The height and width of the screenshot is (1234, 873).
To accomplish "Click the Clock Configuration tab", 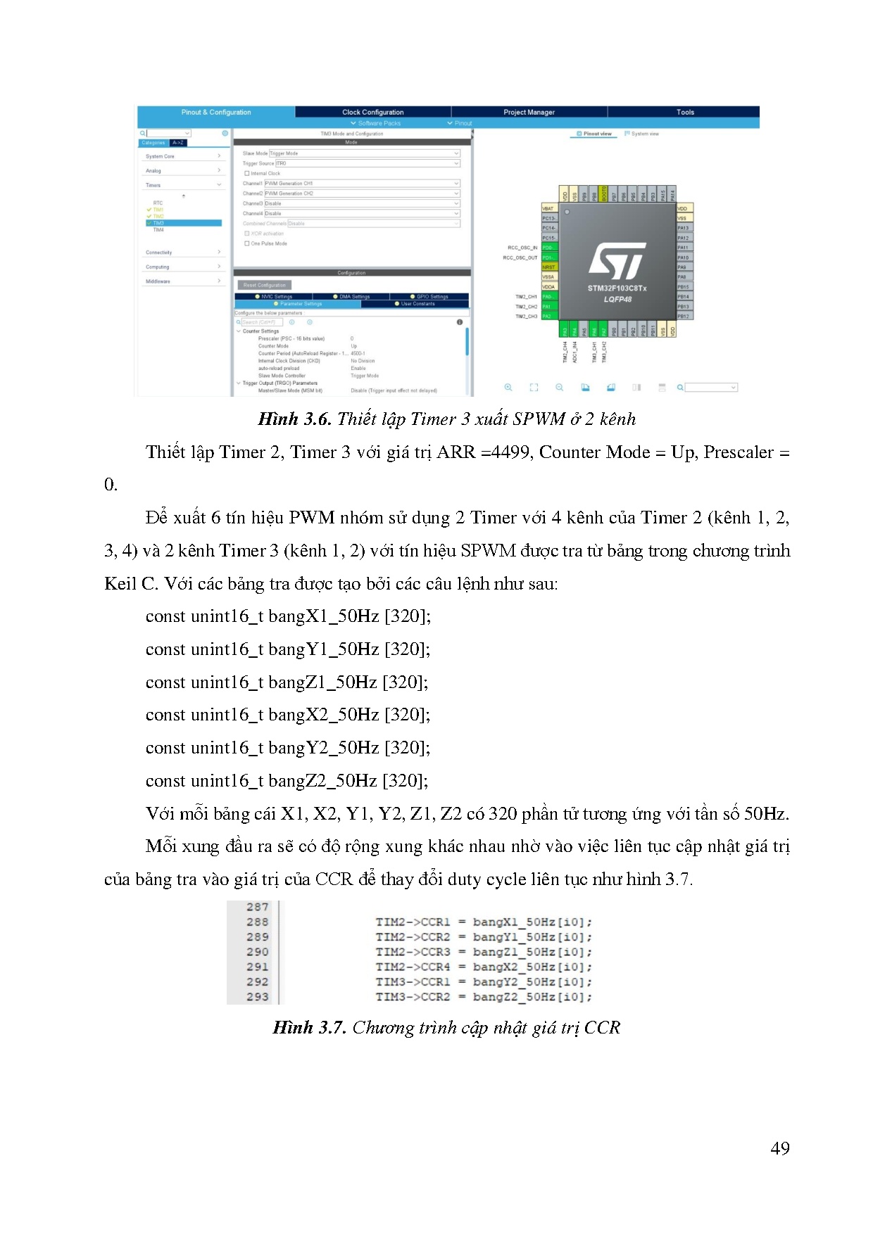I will point(372,112).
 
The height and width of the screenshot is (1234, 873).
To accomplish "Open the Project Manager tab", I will point(529,112).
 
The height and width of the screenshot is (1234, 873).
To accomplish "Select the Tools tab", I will point(685,112).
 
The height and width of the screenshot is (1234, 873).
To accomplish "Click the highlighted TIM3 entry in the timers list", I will point(158,223).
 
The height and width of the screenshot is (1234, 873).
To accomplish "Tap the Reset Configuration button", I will point(265,285).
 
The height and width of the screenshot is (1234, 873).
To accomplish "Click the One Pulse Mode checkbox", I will point(247,243).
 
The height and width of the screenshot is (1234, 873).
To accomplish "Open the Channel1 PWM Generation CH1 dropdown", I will point(361,184).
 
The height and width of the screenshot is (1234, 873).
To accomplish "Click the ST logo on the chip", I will point(617,261).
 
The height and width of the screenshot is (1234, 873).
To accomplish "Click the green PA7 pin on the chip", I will point(603,330).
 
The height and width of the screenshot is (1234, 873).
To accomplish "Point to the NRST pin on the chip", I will point(548,267).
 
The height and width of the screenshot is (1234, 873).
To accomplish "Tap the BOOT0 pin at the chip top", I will point(603,193).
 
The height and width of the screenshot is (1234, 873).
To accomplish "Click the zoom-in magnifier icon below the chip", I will point(508,388).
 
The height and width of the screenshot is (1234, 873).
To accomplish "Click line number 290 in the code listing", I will point(257,952).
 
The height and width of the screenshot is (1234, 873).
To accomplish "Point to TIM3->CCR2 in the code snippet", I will point(413,997).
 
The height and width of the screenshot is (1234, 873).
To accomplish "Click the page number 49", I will point(779,1148).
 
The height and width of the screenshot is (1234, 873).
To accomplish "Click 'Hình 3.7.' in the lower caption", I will point(309,1028).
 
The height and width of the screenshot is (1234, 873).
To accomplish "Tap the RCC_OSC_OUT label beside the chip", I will point(520,257).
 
